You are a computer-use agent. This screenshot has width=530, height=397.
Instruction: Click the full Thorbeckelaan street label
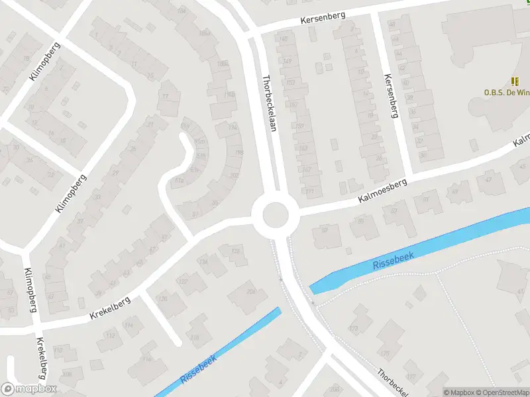point(268,102)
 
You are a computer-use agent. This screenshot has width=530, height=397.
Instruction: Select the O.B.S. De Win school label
point(507,93)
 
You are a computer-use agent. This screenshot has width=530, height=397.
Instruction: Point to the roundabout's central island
point(276,215)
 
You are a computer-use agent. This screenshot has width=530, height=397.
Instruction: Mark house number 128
point(235,251)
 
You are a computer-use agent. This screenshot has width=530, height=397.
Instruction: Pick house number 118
point(195,337)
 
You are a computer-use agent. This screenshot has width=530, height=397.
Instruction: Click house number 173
point(353,328)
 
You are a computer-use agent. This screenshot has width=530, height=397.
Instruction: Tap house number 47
point(489,179)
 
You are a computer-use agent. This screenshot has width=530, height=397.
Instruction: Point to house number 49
point(454,193)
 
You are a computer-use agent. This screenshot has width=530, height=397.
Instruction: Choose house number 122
point(183,282)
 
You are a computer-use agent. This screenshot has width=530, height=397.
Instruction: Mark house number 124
point(204,262)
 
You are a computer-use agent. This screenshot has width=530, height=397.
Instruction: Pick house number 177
point(411,377)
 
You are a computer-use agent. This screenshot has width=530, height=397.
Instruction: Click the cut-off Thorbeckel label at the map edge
point(394,382)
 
